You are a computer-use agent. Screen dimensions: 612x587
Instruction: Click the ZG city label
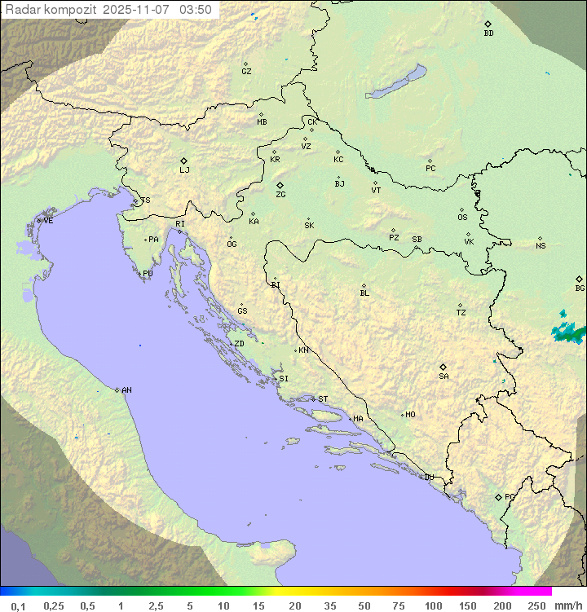tap(280, 195)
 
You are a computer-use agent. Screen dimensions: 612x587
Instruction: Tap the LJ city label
tap(184, 170)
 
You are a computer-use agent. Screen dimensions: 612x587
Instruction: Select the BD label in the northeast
tap(488, 33)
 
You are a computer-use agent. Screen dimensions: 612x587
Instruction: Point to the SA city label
tap(444, 376)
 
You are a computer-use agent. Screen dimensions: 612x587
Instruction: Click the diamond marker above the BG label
tap(579, 279)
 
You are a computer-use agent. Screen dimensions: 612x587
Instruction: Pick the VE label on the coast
tap(48, 221)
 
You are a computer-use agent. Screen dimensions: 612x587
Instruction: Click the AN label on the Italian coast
tap(126, 390)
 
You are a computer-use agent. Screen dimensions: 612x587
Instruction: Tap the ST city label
tap(323, 399)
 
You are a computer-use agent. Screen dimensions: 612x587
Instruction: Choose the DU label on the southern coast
tap(429, 478)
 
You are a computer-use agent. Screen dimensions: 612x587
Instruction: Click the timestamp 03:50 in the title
tap(196, 10)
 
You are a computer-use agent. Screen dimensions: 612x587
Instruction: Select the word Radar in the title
tap(21, 10)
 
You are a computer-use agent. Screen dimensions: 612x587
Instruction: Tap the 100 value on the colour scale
tap(433, 605)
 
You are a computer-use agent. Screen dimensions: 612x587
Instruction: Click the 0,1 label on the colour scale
tap(18, 605)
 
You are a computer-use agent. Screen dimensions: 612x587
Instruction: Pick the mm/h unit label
tap(567, 605)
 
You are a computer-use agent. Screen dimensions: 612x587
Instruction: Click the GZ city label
tap(246, 72)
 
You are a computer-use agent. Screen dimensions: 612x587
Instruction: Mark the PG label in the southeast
tap(510, 497)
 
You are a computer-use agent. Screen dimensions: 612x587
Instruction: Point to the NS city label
tap(541, 246)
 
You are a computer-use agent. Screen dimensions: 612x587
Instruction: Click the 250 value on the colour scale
tap(536, 605)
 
